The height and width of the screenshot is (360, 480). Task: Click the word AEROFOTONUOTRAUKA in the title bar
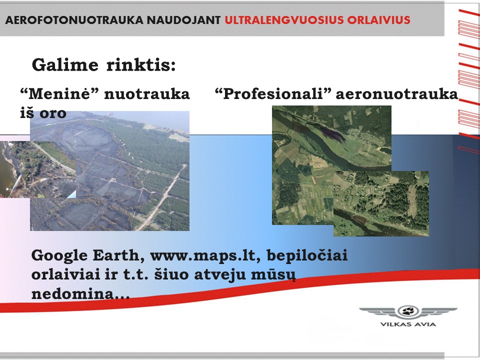[74, 20]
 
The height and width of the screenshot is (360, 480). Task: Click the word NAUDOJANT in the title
[183, 20]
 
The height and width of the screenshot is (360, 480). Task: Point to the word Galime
[65, 65]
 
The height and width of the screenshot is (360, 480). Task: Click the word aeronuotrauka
[397, 94]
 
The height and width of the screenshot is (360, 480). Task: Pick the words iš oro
[43, 113]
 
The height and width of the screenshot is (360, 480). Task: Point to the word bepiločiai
[307, 255]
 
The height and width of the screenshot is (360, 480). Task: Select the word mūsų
[273, 275]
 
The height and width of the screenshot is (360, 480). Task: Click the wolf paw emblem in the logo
[408, 311]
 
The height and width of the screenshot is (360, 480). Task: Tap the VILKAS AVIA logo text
[408, 324]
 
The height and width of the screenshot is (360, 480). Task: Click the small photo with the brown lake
[38, 169]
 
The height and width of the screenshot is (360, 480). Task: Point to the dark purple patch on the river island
[333, 135]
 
